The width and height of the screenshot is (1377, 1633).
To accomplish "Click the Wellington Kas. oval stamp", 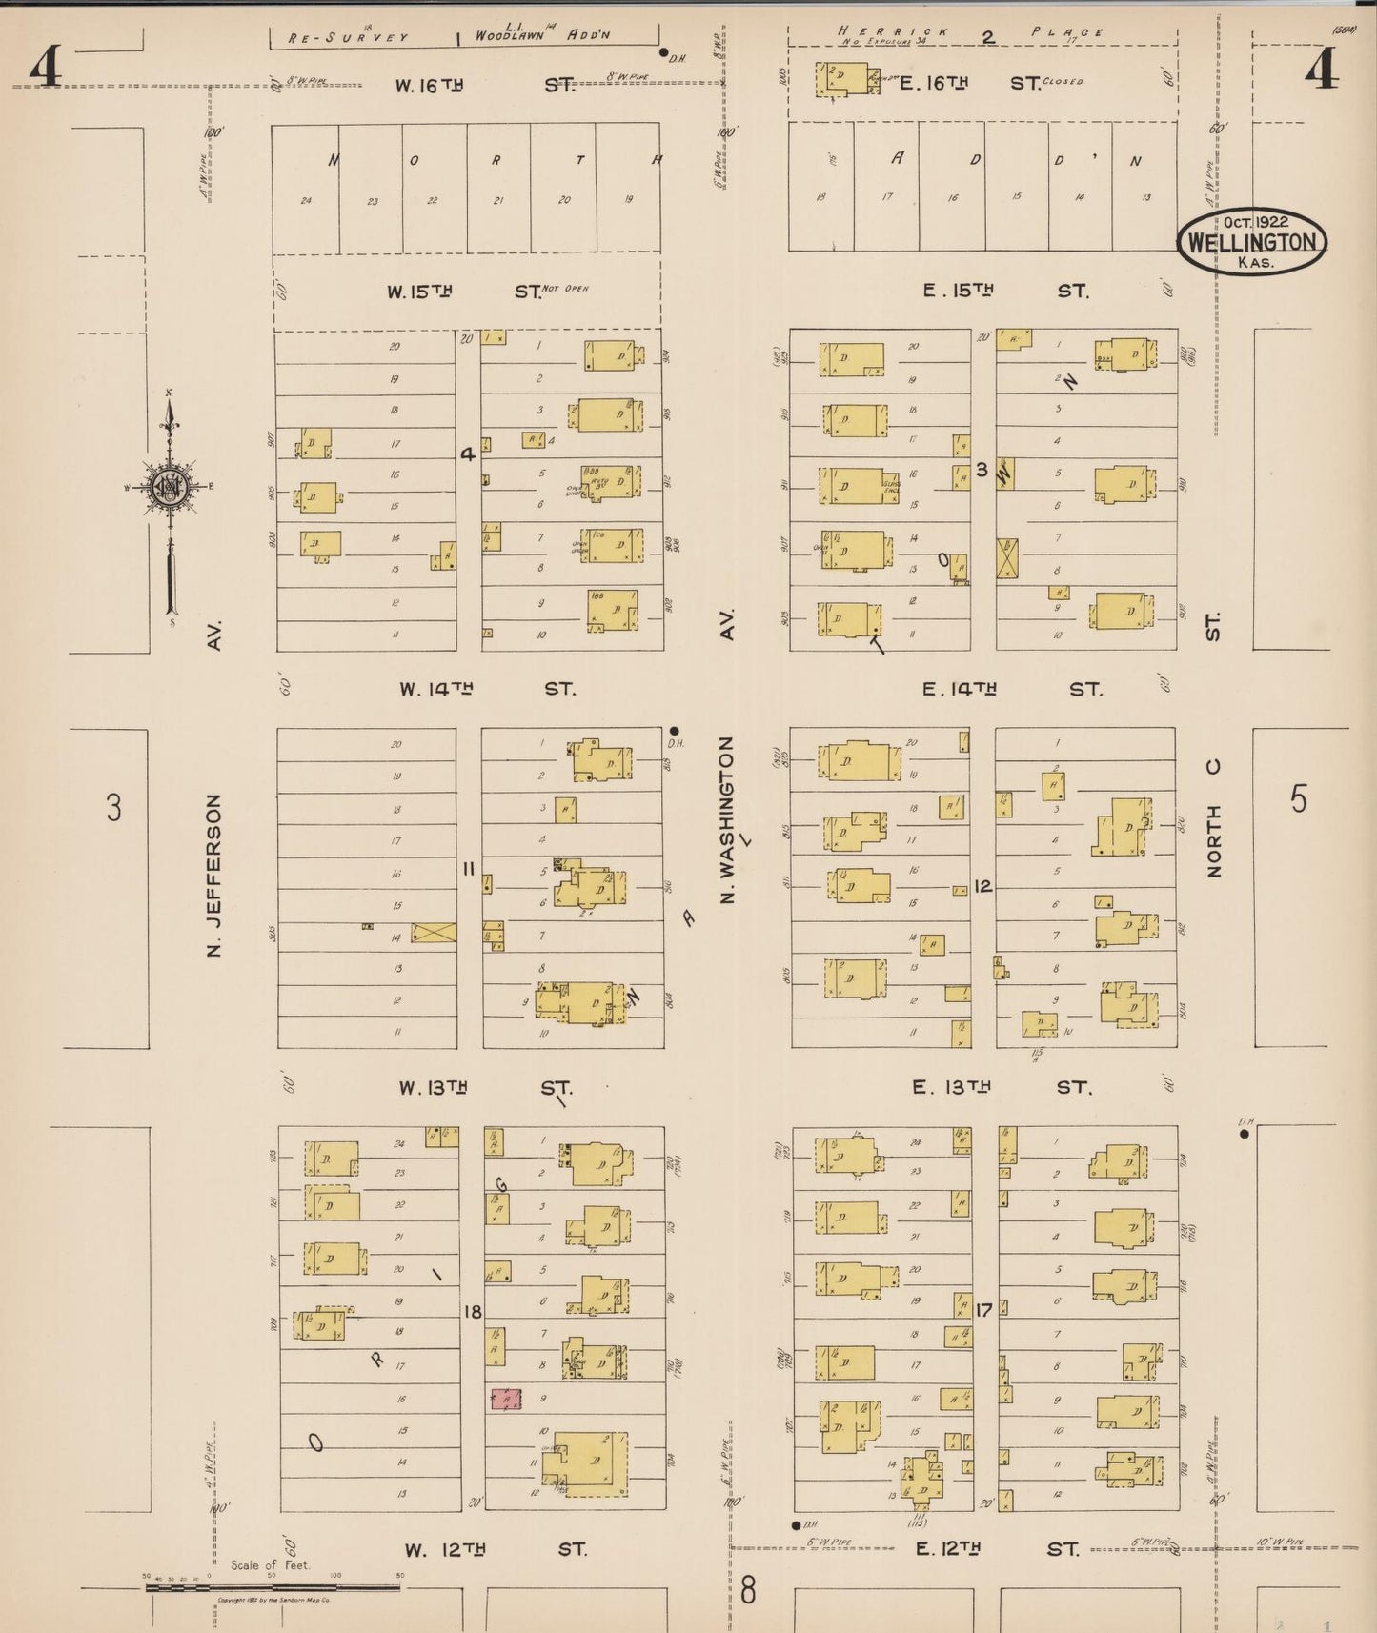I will (1251, 242).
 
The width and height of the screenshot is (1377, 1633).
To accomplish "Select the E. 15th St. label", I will (1004, 291).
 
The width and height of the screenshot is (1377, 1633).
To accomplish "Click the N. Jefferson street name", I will (213, 875).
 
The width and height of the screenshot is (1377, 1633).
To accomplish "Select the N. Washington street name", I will (727, 819).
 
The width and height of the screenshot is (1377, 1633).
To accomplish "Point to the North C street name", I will (1213, 817).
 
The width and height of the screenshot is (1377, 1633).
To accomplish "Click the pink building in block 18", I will (506, 1399).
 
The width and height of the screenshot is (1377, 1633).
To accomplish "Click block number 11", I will (468, 869).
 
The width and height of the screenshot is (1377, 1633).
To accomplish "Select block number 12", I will (982, 886).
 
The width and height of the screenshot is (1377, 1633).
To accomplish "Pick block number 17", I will (983, 1311).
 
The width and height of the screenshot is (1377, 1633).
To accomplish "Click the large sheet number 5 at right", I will (1299, 799).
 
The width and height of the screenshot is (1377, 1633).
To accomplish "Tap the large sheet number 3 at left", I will (113, 808).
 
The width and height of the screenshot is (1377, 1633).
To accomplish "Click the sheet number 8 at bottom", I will (748, 1589).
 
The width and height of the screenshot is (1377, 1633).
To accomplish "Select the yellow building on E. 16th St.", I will (846, 79).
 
